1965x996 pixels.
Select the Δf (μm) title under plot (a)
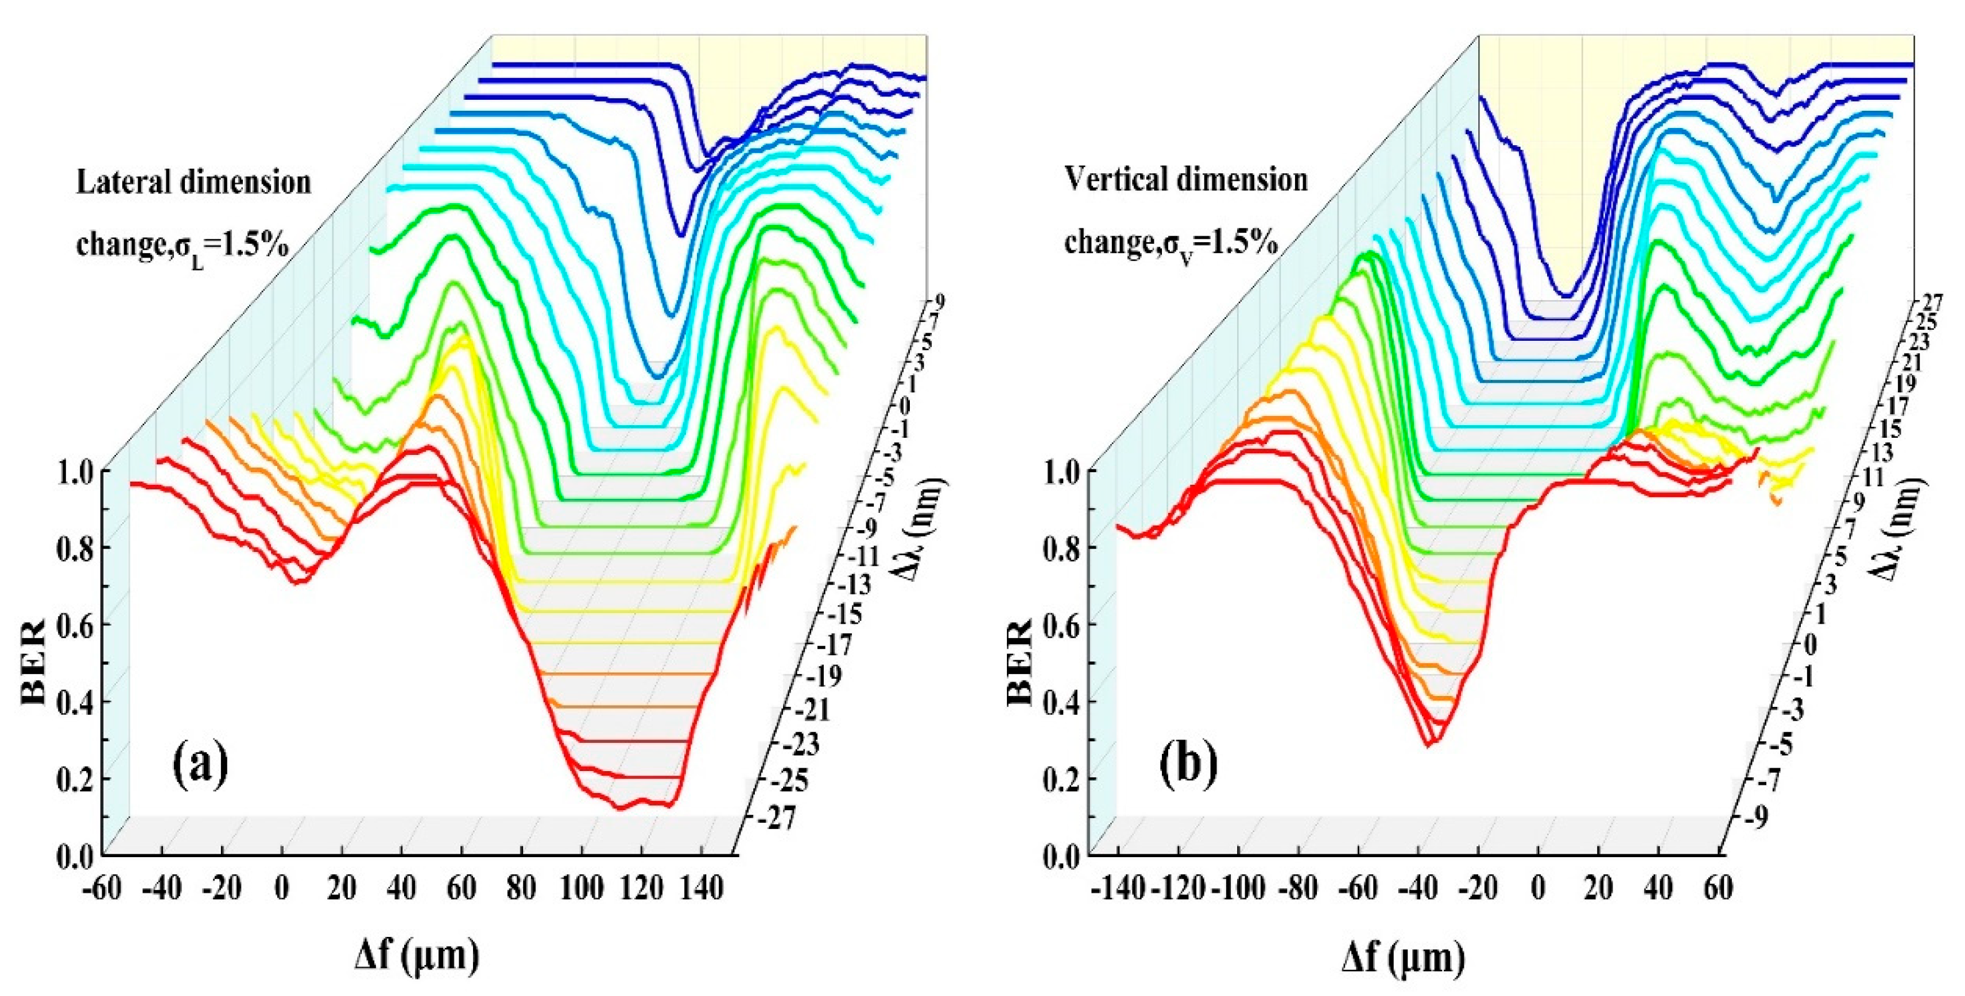[417, 956]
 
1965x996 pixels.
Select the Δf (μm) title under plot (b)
[1404, 956]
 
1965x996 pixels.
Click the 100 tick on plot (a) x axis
[582, 889]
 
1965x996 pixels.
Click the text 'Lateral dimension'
[194, 183]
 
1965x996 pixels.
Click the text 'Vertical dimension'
[1186, 180]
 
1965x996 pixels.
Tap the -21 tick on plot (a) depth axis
[815, 710]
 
